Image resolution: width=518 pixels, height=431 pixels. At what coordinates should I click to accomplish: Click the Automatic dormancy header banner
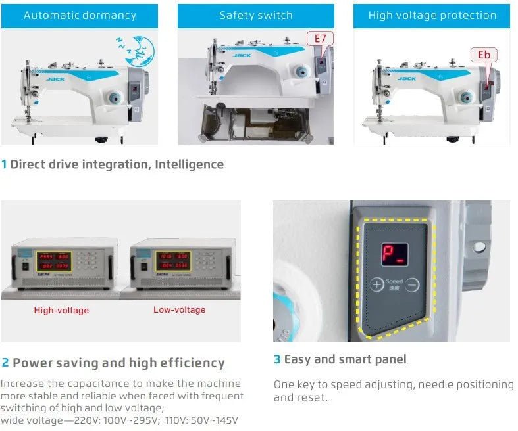[x=80, y=16]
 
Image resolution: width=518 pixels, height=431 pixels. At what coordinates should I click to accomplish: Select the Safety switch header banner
[x=256, y=16]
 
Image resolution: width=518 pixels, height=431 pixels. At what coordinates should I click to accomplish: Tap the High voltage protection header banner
[x=432, y=16]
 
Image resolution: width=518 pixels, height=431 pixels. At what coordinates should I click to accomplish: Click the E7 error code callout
[x=320, y=39]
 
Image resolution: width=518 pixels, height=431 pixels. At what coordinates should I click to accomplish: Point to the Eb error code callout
[x=483, y=55]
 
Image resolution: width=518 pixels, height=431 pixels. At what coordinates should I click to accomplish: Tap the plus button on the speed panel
[x=376, y=284]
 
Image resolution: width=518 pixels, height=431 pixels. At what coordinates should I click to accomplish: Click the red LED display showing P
[x=394, y=256]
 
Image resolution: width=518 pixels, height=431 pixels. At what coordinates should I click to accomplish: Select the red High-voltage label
[x=61, y=310]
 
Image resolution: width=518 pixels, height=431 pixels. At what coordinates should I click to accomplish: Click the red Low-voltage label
[x=179, y=309]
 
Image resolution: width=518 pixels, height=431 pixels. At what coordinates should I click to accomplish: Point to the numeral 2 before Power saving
[x=5, y=363]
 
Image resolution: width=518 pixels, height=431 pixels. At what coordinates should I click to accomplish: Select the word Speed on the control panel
[x=394, y=281]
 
